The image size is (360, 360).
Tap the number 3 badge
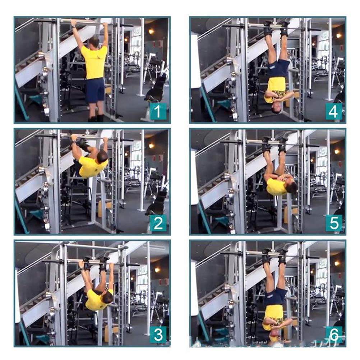point(158,335)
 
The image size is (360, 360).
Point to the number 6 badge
point(333,335)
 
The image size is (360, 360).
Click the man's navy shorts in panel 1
point(95,90)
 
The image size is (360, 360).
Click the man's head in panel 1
point(94,41)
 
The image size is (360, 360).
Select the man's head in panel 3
point(107,297)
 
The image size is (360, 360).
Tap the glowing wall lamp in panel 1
point(151,32)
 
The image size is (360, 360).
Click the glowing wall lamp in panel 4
point(338,35)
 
